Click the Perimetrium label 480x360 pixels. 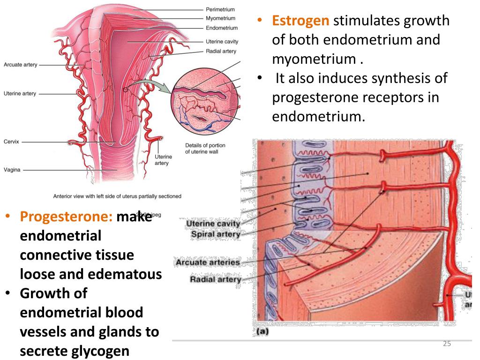point(220,9)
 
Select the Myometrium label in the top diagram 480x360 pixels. point(220,19)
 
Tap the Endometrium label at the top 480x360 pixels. point(221,28)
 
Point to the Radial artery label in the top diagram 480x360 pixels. point(221,51)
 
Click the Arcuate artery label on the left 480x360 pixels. point(20,65)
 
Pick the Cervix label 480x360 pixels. point(11,141)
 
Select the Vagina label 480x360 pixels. point(12,170)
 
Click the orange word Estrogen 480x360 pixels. point(301,21)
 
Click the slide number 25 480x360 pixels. point(447,344)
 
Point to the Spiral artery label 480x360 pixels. point(216,233)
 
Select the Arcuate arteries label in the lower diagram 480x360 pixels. point(207,262)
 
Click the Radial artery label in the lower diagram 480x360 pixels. point(215,280)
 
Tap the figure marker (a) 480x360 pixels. point(262,331)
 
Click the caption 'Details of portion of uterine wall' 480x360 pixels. point(205,148)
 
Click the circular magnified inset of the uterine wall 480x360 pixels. point(206,101)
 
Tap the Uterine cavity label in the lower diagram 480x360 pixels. point(213,224)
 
